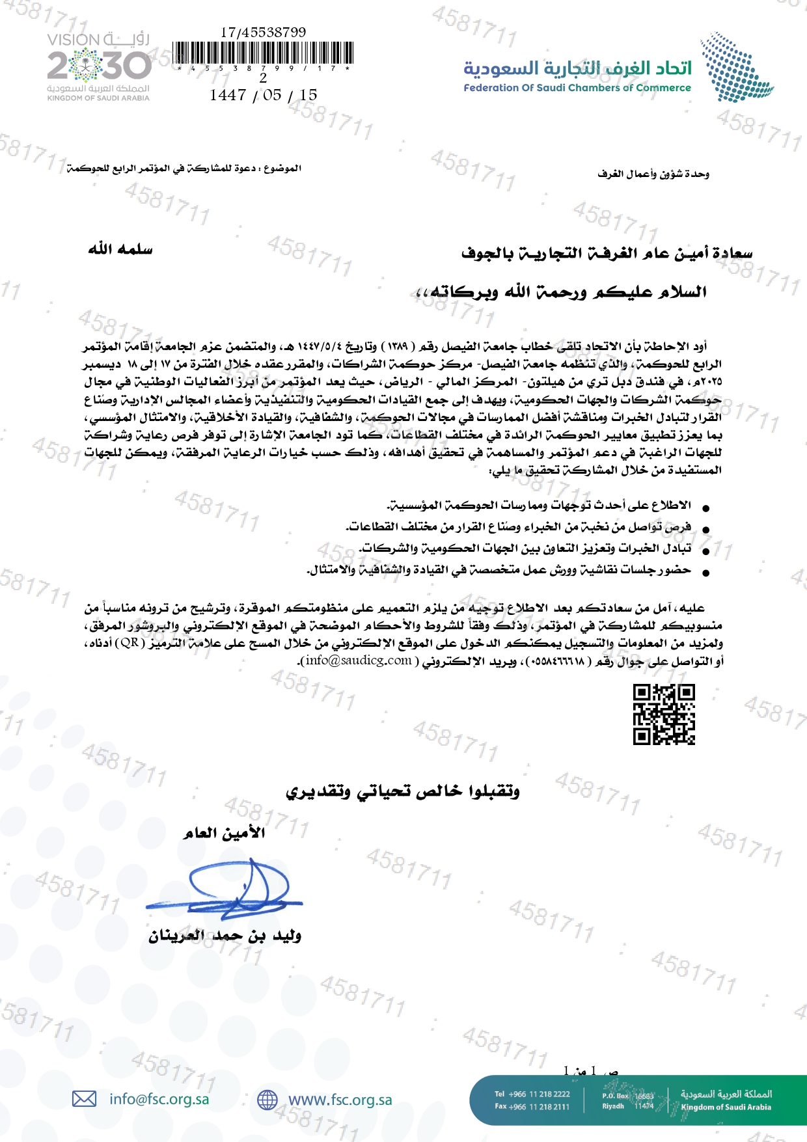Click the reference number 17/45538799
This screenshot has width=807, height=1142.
click(263, 32)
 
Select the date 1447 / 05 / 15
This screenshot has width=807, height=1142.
click(263, 95)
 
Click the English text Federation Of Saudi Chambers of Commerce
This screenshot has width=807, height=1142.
click(577, 88)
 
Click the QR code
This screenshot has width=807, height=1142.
click(664, 714)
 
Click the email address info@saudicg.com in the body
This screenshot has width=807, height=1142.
click(359, 660)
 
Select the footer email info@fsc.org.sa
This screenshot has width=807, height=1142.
click(159, 1099)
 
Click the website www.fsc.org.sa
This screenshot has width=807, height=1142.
click(340, 1100)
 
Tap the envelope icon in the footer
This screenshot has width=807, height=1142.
click(84, 1099)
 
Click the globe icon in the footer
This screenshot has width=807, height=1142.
click(267, 1100)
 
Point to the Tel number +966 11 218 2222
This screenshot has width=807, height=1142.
click(532, 1094)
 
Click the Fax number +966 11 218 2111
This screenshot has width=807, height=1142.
click(532, 1106)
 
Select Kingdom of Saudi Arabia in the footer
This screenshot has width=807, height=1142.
click(726, 1107)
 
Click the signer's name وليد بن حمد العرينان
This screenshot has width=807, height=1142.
click(225, 936)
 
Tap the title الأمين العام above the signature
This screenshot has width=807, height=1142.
click(224, 833)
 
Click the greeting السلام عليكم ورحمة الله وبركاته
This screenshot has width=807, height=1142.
click(561, 292)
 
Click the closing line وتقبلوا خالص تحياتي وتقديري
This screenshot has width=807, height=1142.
click(403, 791)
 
